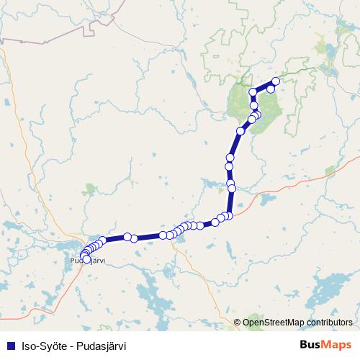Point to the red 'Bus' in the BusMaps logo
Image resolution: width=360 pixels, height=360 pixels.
pos(312,344)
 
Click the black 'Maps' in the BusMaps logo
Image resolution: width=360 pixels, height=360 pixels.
pos(338,344)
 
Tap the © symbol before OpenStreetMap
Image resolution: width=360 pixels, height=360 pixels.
pos(238,322)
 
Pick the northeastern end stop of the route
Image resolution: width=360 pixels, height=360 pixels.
pos(276,81)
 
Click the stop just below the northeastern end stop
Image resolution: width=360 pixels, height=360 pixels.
pos(271,89)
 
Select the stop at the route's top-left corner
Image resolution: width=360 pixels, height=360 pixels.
pos(253,93)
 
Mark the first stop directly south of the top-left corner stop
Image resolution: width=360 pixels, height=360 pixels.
pos(254,106)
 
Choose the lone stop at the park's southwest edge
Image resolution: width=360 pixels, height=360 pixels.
pos(240,131)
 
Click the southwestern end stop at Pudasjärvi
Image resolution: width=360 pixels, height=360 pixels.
pos(86,259)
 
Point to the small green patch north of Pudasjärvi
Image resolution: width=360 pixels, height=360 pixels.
pos(89,189)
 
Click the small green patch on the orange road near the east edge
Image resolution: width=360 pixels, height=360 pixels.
pos(330,171)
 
